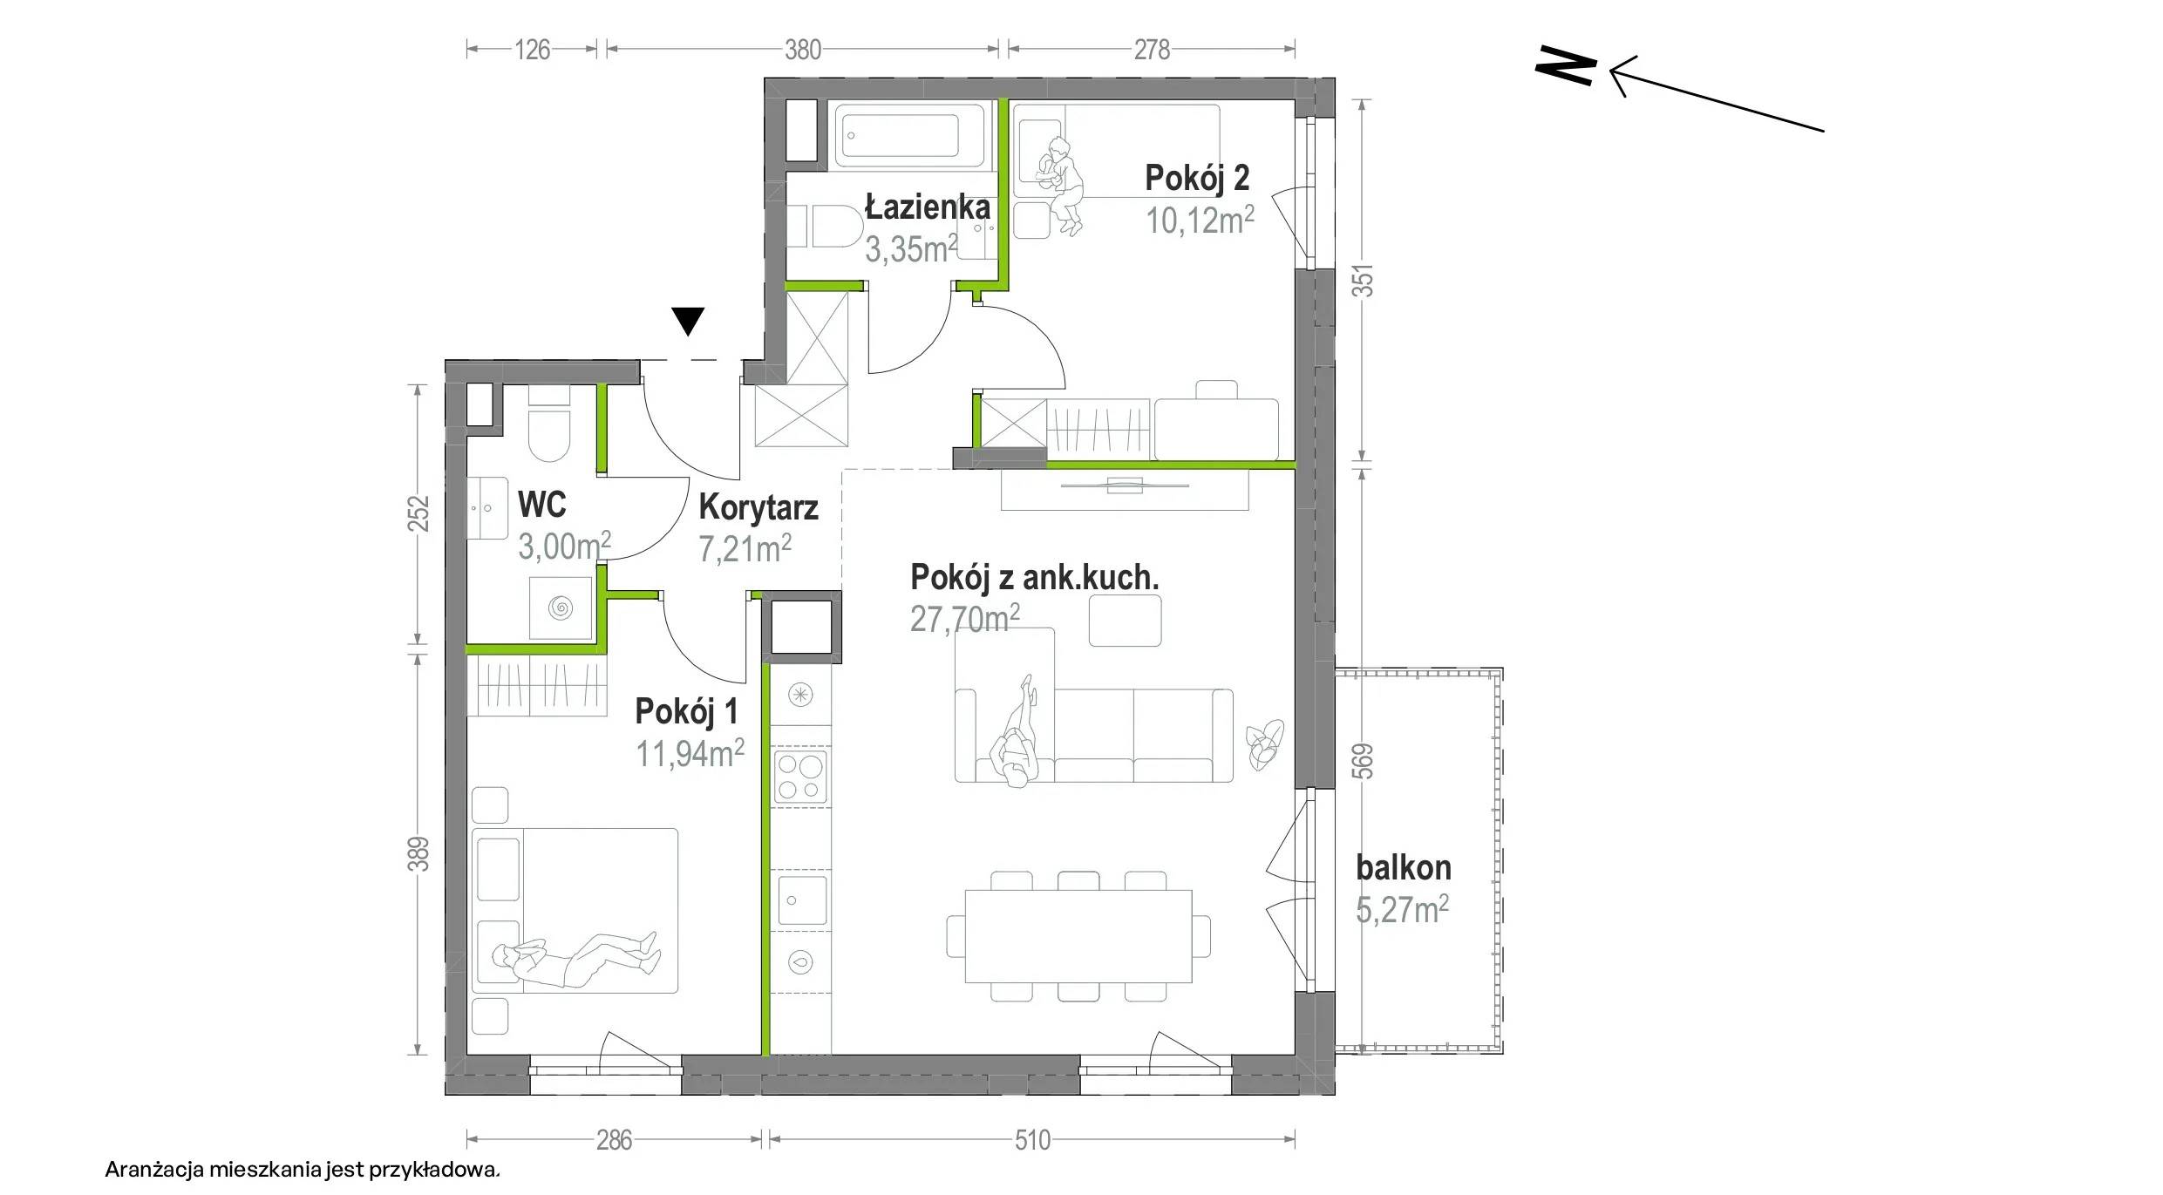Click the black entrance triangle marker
click(689, 321)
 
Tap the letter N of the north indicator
click(1565, 67)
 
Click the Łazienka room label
click(928, 207)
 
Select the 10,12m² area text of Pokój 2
click(1200, 221)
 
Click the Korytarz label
click(758, 507)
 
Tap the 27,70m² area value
click(965, 618)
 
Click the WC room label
click(541, 505)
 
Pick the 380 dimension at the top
click(803, 50)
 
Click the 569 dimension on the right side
click(1365, 761)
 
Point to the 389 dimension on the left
click(418, 854)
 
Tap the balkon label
click(1404, 868)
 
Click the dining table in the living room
click(1078, 937)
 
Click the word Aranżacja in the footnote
click(153, 1169)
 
